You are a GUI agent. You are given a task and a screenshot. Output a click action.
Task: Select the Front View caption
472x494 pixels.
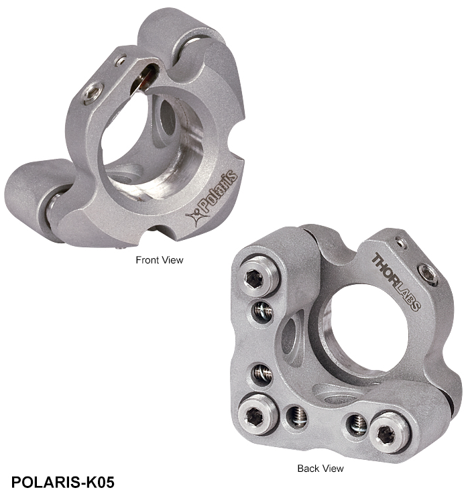tap(160, 260)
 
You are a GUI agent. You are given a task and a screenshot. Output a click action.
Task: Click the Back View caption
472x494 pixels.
tap(320, 469)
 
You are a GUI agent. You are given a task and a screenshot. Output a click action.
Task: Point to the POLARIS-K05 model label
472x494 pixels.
tap(63, 482)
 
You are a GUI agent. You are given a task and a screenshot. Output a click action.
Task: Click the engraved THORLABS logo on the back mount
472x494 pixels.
tap(396, 282)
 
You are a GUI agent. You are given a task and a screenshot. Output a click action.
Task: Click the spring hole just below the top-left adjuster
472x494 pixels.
tap(262, 312)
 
